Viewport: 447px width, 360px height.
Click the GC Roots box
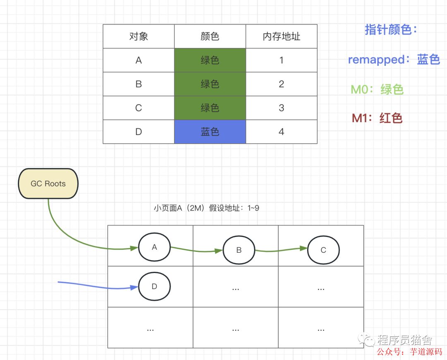pyautogui.click(x=48, y=184)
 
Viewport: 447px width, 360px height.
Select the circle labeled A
pyautogui.click(x=154, y=247)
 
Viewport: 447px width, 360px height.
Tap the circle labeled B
pyautogui.click(x=239, y=250)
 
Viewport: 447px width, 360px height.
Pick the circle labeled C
pyautogui.click(x=323, y=250)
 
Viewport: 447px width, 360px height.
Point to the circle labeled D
pyautogui.click(x=154, y=286)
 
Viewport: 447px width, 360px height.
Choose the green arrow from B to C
pyautogui.click(x=281, y=250)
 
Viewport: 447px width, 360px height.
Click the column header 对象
pyautogui.click(x=139, y=36)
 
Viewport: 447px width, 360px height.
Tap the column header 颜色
pyautogui.click(x=210, y=36)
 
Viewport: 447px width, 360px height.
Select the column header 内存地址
pyautogui.click(x=281, y=36)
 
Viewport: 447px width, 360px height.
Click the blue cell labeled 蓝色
pyautogui.click(x=210, y=132)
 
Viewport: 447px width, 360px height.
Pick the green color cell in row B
pyautogui.click(x=210, y=84)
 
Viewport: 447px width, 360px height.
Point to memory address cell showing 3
pyautogui.click(x=281, y=108)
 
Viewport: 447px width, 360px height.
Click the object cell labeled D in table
pyautogui.click(x=139, y=132)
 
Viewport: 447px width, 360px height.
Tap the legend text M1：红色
pyautogui.click(x=377, y=118)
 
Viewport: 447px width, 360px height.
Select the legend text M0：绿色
pyautogui.click(x=377, y=89)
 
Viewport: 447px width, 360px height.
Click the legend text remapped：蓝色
pyautogui.click(x=394, y=60)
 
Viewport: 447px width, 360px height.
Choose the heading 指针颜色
pyautogui.click(x=391, y=30)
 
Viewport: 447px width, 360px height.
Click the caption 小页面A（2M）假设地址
pyautogui.click(x=206, y=208)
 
